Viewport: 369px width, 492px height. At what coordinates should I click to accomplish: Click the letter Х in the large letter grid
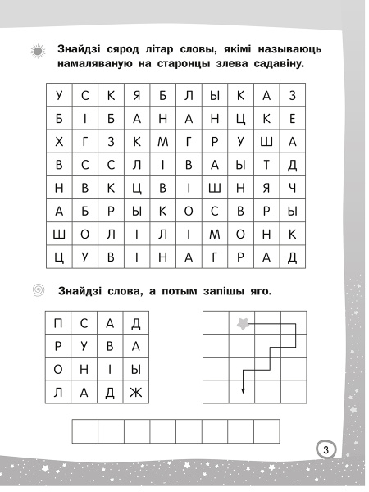pos(59,142)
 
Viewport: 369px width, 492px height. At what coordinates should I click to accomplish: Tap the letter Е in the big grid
pos(292,119)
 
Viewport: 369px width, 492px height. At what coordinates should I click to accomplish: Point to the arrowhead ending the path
pos(244,389)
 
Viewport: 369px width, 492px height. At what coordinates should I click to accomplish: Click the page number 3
pos(326,449)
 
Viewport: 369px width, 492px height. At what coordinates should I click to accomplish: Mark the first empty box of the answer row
pos(85,431)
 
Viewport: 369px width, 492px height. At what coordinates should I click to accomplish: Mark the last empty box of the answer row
pos(266,431)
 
